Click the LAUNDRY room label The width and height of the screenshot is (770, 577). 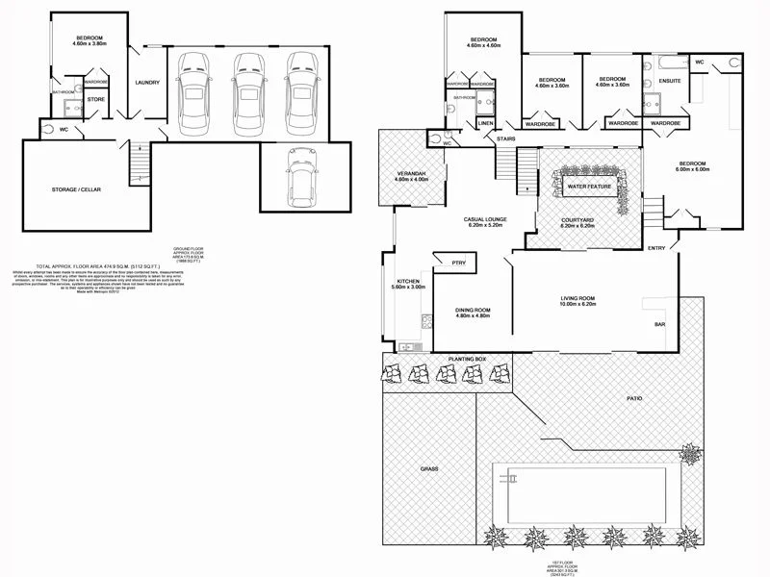click(x=147, y=82)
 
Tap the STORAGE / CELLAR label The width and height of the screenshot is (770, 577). click(x=76, y=189)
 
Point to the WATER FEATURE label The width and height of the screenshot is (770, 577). click(x=590, y=186)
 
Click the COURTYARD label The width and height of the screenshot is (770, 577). click(x=577, y=219)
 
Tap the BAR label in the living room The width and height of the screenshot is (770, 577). click(x=660, y=325)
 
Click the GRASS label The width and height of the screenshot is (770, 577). click(x=428, y=468)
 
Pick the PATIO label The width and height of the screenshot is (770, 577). click(x=633, y=398)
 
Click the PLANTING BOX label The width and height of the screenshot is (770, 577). click(x=467, y=359)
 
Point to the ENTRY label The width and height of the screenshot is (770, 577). click(x=656, y=248)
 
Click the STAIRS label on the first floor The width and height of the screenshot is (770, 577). click(x=505, y=139)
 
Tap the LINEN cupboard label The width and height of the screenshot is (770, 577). click(x=485, y=124)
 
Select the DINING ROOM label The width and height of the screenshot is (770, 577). click(x=473, y=309)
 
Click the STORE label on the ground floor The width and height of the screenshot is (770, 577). click(x=95, y=98)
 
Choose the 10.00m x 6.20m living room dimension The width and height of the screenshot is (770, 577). click(x=580, y=306)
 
